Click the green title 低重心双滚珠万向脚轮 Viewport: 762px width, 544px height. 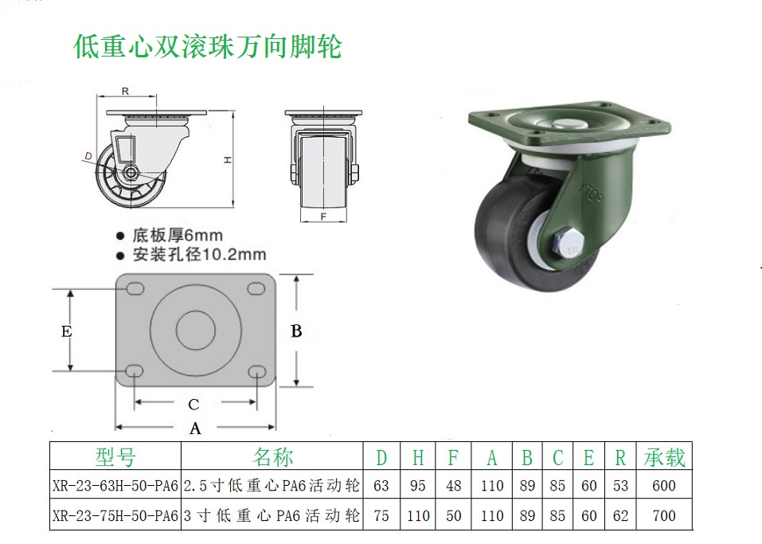[208, 47]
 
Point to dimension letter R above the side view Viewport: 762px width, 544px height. [125, 91]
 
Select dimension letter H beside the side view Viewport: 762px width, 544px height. [228, 160]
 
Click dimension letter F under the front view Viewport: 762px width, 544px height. [323, 217]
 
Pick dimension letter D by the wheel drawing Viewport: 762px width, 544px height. [88, 156]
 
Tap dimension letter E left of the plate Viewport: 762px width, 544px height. [67, 331]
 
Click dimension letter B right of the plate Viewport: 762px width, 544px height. [296, 331]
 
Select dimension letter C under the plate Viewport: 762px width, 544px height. [193, 405]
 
